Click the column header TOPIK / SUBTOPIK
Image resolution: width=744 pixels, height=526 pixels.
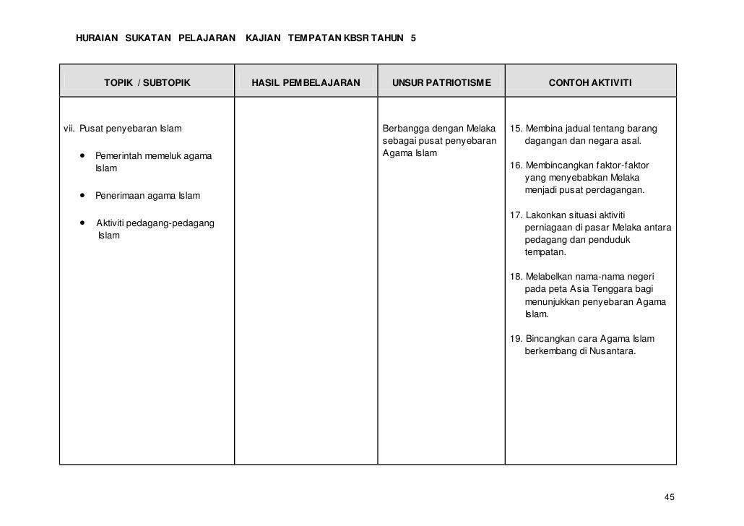point(147,83)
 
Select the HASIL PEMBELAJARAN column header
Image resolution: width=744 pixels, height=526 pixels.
point(305,83)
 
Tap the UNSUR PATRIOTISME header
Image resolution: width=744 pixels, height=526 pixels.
point(441,83)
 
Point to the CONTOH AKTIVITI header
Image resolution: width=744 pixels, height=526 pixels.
point(590,83)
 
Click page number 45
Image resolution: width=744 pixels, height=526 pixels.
point(669,497)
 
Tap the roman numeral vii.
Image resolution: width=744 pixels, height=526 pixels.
point(69,129)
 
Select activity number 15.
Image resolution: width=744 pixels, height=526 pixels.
point(516,129)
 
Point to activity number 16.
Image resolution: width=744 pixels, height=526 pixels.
point(516,165)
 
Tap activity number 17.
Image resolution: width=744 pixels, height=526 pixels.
point(516,215)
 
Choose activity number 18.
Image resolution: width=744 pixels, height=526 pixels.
point(516,277)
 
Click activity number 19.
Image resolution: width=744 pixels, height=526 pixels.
point(516,339)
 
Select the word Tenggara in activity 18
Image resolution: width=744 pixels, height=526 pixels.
point(592,290)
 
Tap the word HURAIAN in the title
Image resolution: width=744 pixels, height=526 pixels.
point(97,38)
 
